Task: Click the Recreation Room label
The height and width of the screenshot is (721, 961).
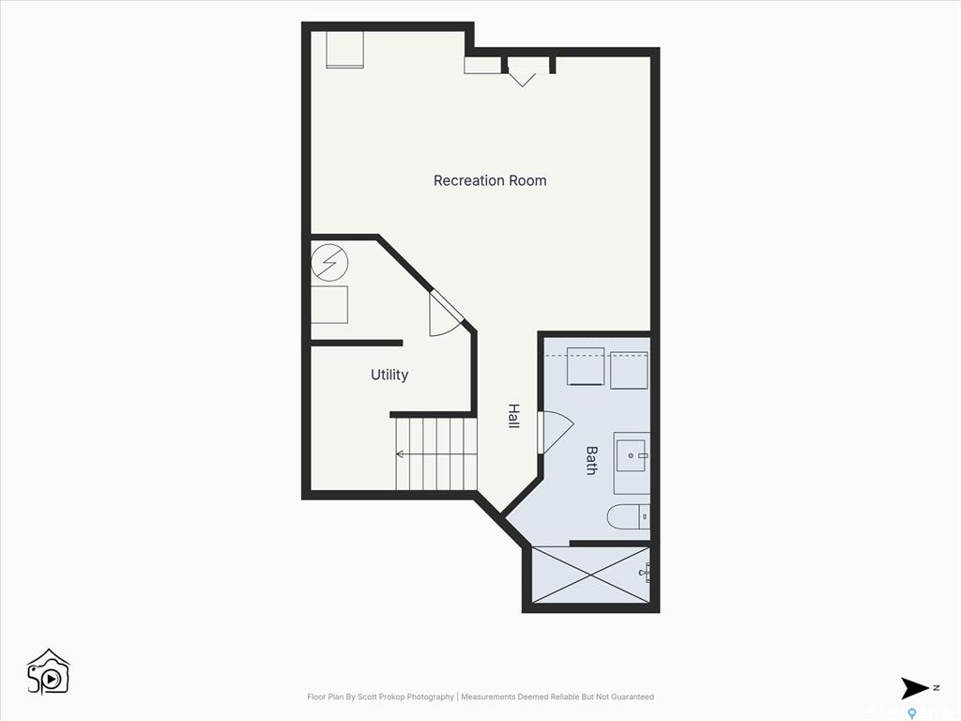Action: point(490,181)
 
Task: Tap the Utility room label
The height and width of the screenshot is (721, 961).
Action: point(389,375)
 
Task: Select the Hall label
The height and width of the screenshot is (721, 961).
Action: point(513,416)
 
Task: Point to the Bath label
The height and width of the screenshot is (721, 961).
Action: point(591,460)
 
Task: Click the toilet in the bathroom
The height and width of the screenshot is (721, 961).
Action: point(628,517)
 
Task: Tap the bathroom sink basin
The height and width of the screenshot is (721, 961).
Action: point(632,455)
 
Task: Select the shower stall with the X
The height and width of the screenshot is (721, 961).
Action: point(591,575)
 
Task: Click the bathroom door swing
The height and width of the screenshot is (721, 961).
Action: point(555,432)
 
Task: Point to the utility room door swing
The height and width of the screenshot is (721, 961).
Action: point(446,314)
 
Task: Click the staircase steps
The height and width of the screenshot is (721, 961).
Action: point(435,453)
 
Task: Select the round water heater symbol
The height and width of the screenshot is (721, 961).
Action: point(329,263)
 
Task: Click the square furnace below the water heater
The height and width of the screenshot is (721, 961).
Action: point(329,305)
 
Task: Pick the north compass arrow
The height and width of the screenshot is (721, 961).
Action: point(914,688)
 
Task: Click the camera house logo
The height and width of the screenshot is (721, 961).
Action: point(49,672)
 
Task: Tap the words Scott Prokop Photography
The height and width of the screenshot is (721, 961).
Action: point(405,697)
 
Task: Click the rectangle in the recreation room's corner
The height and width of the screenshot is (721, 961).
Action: point(345,49)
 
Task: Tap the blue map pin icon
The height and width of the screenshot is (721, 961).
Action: point(912,713)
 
